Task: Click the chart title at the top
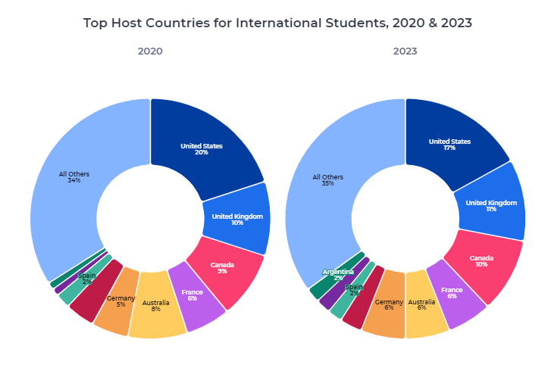[x=277, y=23]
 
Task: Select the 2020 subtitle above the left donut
[x=150, y=51]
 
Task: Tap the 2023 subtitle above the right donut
[x=405, y=51]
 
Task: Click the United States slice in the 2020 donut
[x=202, y=148]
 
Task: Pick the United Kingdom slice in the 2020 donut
[x=237, y=220]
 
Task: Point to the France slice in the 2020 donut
[x=192, y=295]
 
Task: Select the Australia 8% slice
[x=156, y=306]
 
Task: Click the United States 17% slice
[x=449, y=144]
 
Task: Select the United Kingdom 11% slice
[x=491, y=205]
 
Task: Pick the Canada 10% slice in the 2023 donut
[x=482, y=261]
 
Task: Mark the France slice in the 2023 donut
[x=452, y=293]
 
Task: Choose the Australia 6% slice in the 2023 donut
[x=421, y=304]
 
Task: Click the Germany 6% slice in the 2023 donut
[x=389, y=304]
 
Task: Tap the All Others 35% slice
[x=328, y=180]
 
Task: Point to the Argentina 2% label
[x=338, y=274]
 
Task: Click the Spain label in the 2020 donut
[x=87, y=278]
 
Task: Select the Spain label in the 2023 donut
[x=355, y=289]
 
